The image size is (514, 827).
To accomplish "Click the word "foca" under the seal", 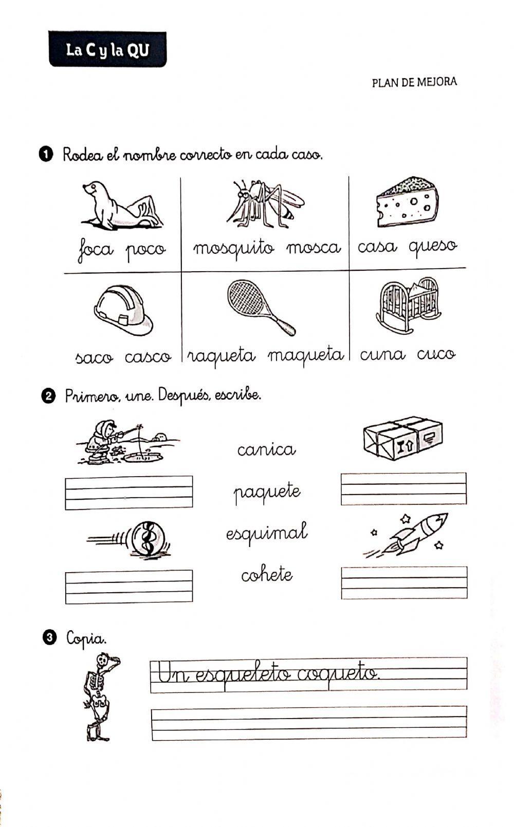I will pos(96,250).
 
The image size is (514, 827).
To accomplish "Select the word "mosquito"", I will pos(234,249).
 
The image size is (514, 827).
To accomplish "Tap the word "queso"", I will pos(433,247).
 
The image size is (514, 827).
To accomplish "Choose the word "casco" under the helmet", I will pos(148,356).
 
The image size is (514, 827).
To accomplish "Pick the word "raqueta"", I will pos(221,356).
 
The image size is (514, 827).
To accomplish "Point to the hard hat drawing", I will pos(123,310).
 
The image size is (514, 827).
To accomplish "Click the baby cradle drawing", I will pos(408,305).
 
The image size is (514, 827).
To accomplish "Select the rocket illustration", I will pos(411,535).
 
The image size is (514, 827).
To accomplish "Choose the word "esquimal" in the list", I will pos(267,532).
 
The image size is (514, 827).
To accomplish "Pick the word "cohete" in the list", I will pos(267,574).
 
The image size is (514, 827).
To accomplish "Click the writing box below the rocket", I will pos(404,583).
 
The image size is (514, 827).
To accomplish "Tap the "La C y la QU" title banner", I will pos(107,50).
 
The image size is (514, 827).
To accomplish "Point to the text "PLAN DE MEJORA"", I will pos(414,82).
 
